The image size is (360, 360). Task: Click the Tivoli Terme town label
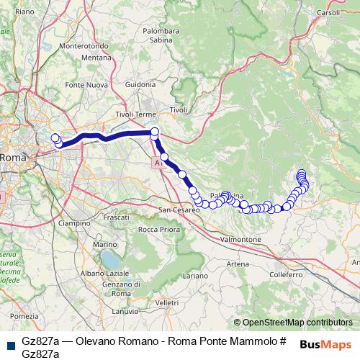coord(135,114)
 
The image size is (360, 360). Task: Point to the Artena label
coord(238,264)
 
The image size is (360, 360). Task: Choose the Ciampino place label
coord(74,224)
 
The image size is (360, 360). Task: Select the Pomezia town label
coord(24,316)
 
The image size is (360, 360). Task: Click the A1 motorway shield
coord(158,165)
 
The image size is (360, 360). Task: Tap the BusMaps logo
coord(325,344)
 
